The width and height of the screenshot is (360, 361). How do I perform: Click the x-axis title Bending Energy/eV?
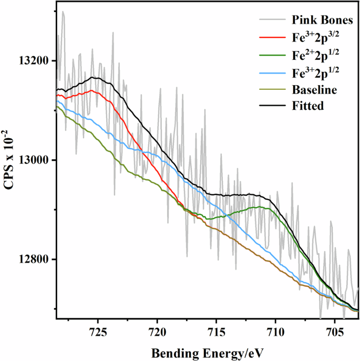point(207,350)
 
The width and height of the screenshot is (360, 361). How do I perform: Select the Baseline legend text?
point(314,89)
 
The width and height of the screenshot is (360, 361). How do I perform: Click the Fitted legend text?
point(308,106)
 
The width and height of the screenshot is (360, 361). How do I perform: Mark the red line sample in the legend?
point(272,38)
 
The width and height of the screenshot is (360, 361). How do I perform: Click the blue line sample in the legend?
point(272,73)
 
